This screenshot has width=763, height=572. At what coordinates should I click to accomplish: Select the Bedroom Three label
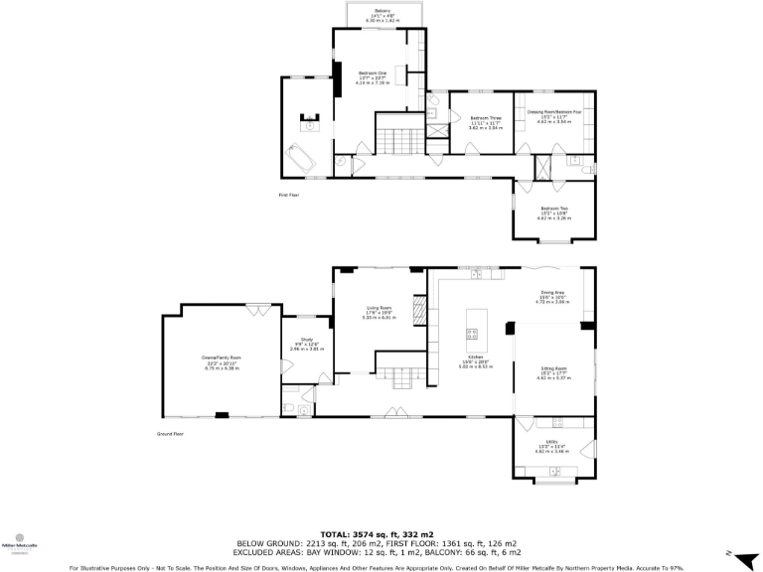[x=485, y=123]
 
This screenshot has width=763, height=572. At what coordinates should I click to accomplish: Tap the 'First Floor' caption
[x=288, y=195]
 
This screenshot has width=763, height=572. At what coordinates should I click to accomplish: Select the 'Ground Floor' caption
[x=171, y=434]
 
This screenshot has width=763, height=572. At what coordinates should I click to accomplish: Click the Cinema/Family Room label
[x=222, y=361]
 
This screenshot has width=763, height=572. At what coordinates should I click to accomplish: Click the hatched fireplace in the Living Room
[x=419, y=315]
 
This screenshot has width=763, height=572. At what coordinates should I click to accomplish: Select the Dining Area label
[x=552, y=296]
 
